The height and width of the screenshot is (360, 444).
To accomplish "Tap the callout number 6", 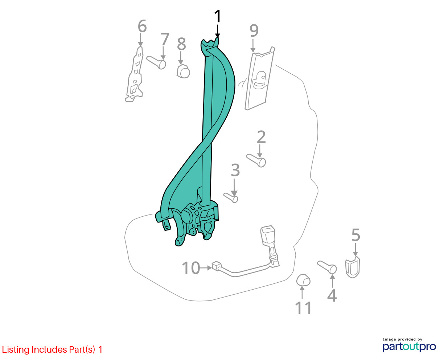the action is pyautogui.click(x=142, y=26).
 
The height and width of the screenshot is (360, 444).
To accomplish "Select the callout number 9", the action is pyautogui.click(x=254, y=30).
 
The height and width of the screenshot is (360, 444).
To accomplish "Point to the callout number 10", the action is pyautogui.click(x=191, y=268).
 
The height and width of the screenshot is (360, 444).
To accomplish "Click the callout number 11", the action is pyautogui.click(x=303, y=308).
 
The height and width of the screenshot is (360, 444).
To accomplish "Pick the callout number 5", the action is pyautogui.click(x=355, y=235).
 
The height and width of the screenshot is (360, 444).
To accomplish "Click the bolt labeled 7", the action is pyautogui.click(x=156, y=62).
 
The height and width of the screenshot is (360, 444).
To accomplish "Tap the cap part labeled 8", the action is pyautogui.click(x=183, y=71).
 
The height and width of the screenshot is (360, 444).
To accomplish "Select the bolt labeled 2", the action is pyautogui.click(x=256, y=160).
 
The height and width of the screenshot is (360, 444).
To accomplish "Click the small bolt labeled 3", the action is pyautogui.click(x=231, y=198).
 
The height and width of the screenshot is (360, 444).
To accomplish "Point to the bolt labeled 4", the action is pyautogui.click(x=327, y=267).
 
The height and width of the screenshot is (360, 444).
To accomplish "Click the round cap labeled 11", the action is pyautogui.click(x=303, y=280).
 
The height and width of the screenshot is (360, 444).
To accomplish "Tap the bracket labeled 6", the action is pyautogui.click(x=135, y=74).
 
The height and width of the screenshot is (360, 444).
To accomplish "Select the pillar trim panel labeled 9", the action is pyautogui.click(x=260, y=78).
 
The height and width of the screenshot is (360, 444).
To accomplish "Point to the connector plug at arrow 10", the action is pyautogui.click(x=217, y=266).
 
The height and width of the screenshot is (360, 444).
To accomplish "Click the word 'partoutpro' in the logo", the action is pyautogui.click(x=409, y=347).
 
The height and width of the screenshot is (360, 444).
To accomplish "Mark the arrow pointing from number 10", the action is pyautogui.click(x=206, y=268).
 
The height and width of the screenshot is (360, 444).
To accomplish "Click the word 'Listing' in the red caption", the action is pyautogui.click(x=16, y=350).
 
